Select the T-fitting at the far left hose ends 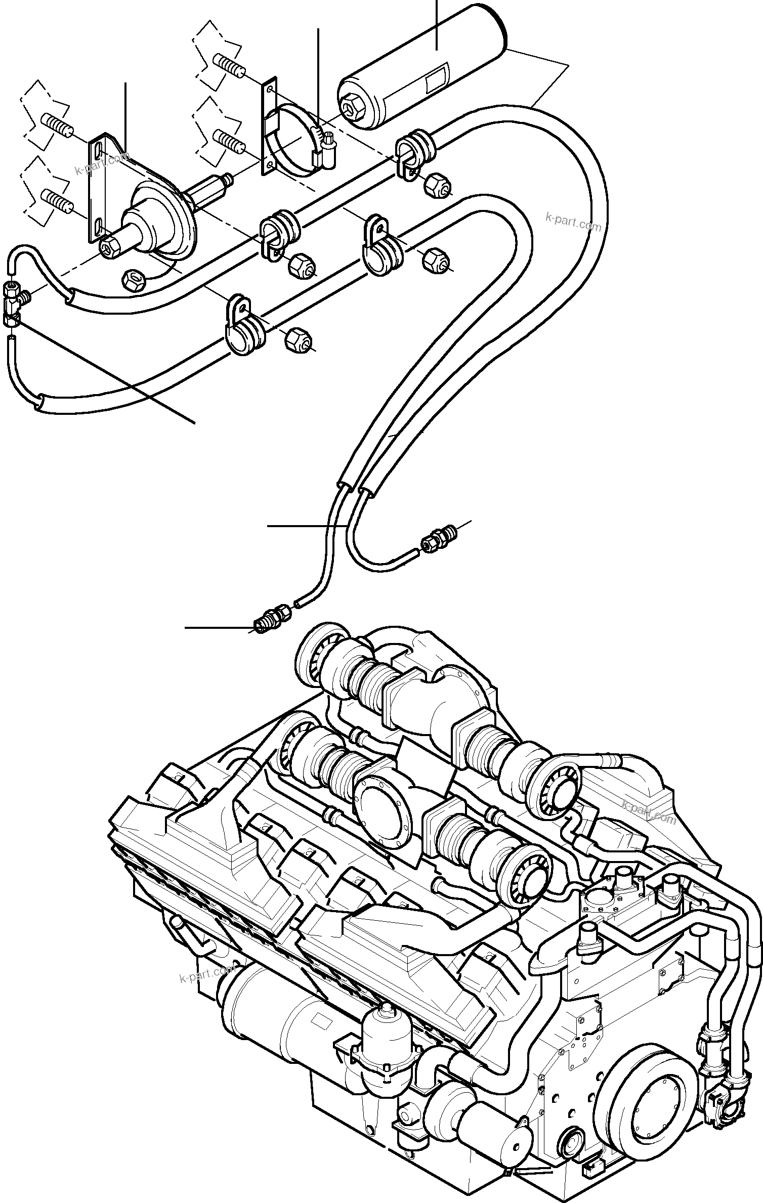pos(14,298)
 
